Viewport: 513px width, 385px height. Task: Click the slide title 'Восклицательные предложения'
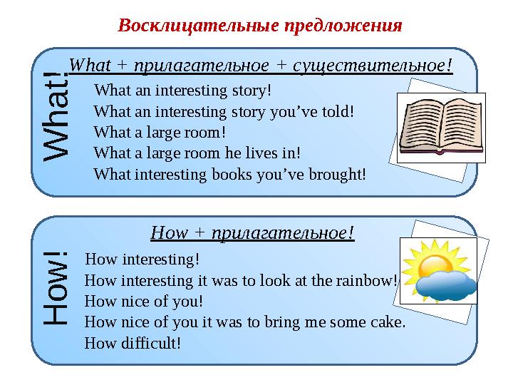pos(260,26)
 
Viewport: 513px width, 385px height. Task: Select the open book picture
pos(440,127)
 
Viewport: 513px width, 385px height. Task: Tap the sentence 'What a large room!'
pos(160,132)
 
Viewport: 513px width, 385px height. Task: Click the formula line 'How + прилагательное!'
pos(253,232)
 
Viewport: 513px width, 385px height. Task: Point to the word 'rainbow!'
pos(371,279)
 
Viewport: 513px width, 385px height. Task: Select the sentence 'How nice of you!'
pos(143,301)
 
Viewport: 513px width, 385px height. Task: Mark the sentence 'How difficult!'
pos(133,343)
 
